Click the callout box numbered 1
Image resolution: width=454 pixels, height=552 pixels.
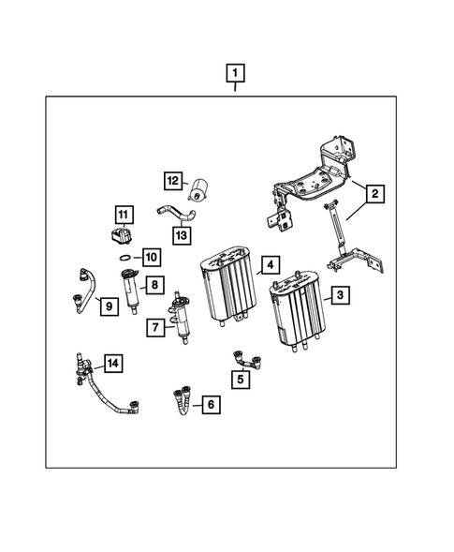[235, 72]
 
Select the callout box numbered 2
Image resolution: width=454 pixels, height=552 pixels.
[373, 195]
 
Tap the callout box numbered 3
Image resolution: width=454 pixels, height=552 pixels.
[340, 295]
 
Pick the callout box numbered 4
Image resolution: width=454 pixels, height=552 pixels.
[269, 265]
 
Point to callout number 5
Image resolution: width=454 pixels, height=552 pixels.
[242, 380]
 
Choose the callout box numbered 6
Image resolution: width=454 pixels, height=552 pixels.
[211, 405]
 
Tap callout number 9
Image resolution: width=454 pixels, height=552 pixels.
[108, 306]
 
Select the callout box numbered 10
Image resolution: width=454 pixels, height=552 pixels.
[151, 256]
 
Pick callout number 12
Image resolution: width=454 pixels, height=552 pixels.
[173, 181]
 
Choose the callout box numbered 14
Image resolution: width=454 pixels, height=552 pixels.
[112, 363]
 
